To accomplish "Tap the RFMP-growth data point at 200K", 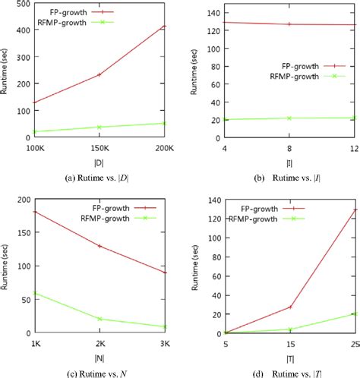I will tap(164, 123).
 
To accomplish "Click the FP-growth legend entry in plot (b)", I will tap(304, 66).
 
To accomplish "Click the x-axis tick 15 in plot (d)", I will tap(289, 342).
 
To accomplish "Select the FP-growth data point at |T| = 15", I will tap(289, 307).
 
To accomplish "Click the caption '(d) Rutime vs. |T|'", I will tap(289, 371).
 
